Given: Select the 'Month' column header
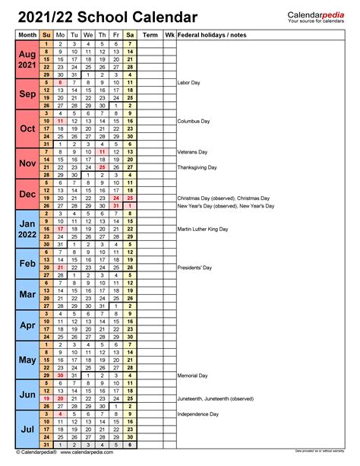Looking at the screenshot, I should coord(27,35).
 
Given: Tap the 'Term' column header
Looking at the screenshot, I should coord(150,35).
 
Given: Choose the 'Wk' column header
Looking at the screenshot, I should coord(169,35).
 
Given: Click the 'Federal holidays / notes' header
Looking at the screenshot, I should coord(212,35).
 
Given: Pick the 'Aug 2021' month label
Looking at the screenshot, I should coord(27,62).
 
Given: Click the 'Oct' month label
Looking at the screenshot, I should coord(27,128).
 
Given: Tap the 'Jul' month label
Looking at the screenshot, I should coord(27,430).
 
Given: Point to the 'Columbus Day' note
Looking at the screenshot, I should coord(194,121).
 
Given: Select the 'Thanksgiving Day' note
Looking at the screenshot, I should coord(197,167).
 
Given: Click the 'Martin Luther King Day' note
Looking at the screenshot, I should coord(204,230).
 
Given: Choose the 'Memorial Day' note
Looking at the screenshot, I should coord(192,376).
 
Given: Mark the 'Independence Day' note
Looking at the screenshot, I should coord(197,414).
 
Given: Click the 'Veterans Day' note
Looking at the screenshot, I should coord(193,152).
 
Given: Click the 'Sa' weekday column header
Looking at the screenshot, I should coord(130,35).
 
